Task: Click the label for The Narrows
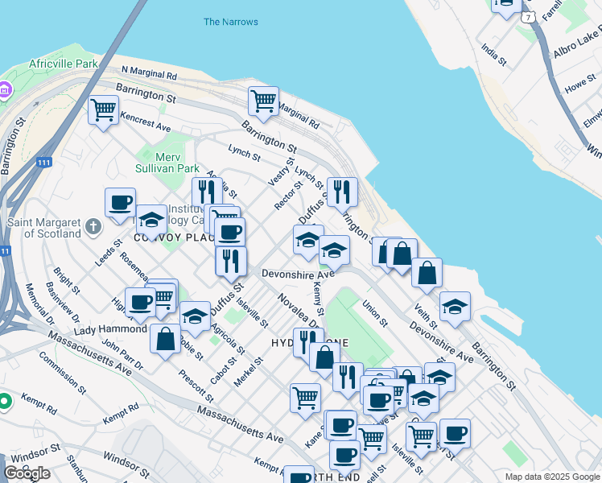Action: click(231, 22)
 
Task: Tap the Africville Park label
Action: click(63, 63)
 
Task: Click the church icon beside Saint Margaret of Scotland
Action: click(94, 227)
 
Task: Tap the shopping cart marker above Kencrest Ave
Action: click(103, 109)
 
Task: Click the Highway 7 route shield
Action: click(527, 17)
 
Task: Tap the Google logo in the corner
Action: click(27, 473)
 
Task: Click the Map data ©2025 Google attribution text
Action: click(552, 477)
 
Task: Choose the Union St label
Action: click(375, 313)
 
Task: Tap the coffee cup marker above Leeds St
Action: click(120, 203)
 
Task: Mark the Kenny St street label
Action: click(319, 298)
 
